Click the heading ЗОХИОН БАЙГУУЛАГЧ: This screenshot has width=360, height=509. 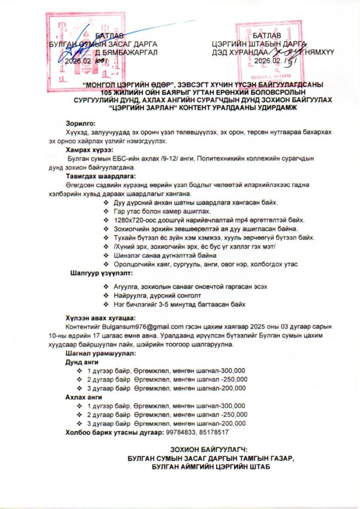coord(208,449)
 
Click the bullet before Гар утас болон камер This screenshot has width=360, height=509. coord(105,211)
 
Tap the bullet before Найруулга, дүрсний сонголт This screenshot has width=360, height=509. coord(105,295)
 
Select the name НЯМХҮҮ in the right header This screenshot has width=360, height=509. coord(318,52)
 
